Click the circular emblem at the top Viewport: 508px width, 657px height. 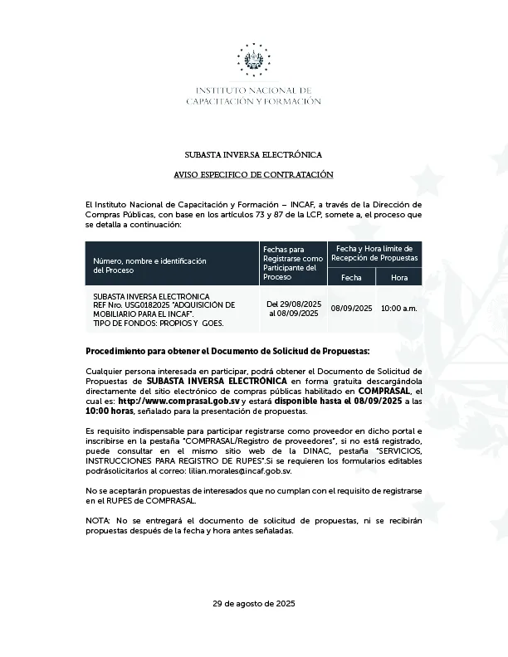253,60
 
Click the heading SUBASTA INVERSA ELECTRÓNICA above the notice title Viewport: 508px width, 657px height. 253,155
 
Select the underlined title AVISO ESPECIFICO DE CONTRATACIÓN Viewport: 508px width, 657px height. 253,175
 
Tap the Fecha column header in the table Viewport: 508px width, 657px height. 351,277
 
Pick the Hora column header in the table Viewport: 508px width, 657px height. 399,277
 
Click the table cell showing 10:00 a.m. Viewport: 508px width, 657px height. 399,309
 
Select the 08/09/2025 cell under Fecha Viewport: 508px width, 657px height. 351,309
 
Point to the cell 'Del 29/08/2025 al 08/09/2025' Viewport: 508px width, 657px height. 293,309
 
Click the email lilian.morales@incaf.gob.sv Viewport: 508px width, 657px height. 241,470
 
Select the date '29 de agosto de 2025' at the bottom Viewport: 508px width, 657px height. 253,603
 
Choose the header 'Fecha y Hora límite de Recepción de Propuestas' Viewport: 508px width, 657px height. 375,254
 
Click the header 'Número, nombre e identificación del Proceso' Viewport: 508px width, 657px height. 149,265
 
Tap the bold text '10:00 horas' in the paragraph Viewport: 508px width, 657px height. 110,411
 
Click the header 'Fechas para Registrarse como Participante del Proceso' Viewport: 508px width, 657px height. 293,263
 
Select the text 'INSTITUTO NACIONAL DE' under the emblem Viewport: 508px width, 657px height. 253,90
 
